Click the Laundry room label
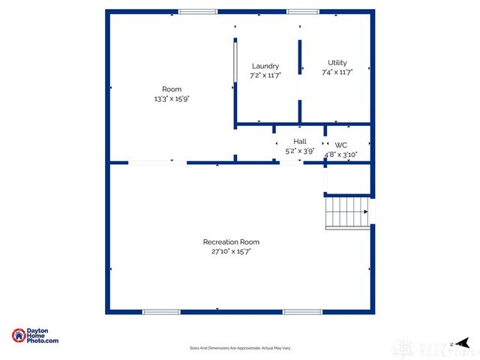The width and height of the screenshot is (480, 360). [x=265, y=66]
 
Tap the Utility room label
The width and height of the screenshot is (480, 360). [x=337, y=63]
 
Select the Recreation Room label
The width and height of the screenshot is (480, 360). [x=231, y=242]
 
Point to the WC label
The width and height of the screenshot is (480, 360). [x=341, y=145]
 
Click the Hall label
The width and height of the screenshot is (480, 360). [x=300, y=141]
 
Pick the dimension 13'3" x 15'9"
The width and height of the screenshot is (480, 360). [x=172, y=99]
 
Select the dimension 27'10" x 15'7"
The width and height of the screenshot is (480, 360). [x=231, y=252]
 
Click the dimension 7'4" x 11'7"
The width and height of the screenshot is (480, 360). [x=337, y=73]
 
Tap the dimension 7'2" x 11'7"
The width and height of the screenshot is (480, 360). [x=265, y=76]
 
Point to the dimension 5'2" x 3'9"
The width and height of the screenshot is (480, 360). [x=300, y=151]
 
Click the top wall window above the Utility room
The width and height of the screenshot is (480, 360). [x=303, y=11]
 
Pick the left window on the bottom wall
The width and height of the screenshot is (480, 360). [x=161, y=312]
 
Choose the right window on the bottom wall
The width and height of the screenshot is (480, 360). [x=302, y=312]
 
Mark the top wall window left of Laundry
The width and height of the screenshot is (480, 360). [x=198, y=11]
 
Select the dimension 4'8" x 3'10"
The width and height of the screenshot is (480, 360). [x=341, y=154]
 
